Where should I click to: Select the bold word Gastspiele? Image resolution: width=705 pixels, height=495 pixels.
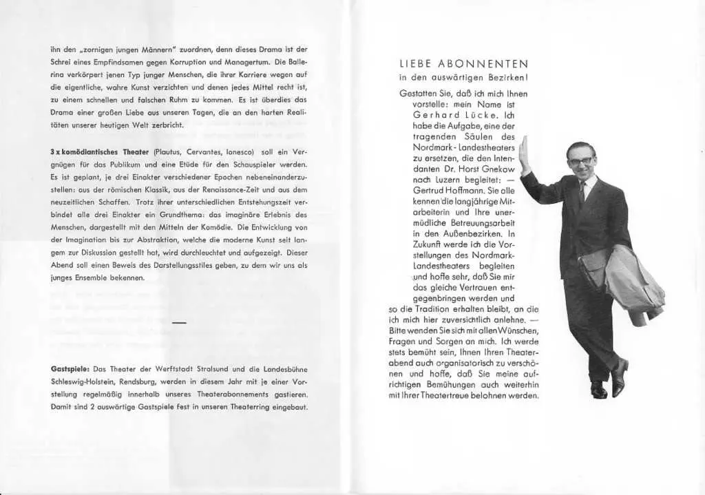[71, 369]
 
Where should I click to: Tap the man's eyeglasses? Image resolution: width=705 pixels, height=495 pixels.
[580, 160]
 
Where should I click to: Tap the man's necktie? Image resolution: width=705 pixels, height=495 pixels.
[582, 192]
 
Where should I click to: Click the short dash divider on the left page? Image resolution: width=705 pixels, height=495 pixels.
[179, 322]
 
